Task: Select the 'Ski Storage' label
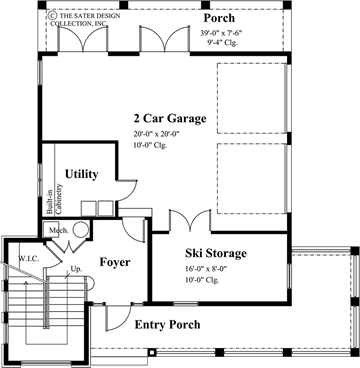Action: [215, 253]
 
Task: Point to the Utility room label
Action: [81, 174]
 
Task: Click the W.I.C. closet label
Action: [28, 259]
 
